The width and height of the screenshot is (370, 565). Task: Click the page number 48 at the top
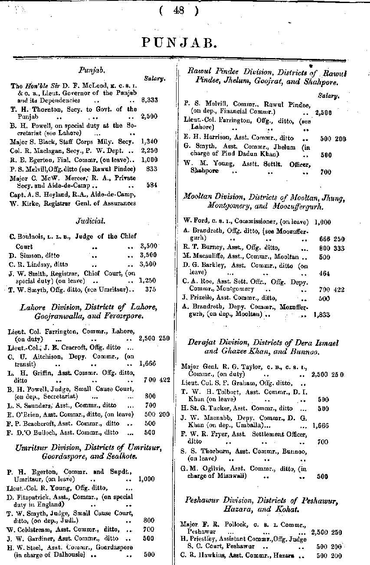[x=178, y=11]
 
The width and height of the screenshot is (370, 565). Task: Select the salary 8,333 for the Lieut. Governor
[x=150, y=100]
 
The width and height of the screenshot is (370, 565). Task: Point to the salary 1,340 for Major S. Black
[x=149, y=141]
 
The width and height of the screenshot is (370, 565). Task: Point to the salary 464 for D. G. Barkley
[x=324, y=273]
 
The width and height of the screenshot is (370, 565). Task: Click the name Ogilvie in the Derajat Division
[x=210, y=468]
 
